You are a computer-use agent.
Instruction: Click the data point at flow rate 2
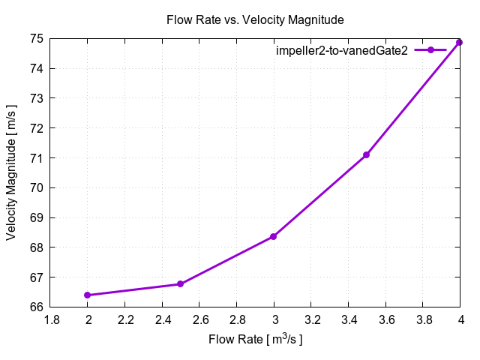tap(88, 295)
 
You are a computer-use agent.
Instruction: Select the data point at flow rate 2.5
tap(181, 284)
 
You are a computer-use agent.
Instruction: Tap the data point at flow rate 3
tap(274, 236)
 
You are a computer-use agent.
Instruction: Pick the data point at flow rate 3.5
tap(367, 154)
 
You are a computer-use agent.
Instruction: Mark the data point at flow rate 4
tap(460, 42)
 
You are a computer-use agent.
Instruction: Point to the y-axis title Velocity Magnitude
tap(12, 172)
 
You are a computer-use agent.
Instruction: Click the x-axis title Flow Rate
tap(255, 340)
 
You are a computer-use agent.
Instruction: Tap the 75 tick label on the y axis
tap(35, 38)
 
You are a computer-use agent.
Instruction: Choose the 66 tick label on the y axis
tap(35, 307)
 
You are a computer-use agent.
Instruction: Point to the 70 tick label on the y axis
tap(35, 187)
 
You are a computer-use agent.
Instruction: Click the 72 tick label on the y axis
tap(35, 127)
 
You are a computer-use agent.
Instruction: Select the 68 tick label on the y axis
tap(35, 247)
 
